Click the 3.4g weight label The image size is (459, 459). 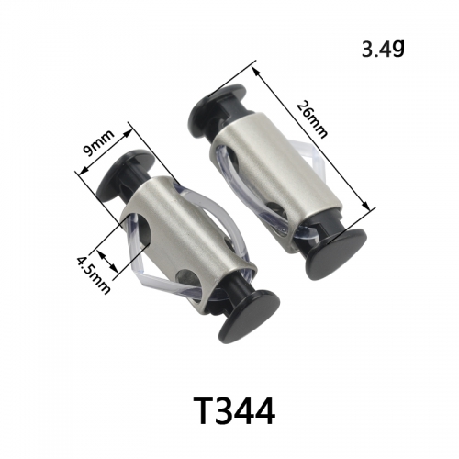(383, 49)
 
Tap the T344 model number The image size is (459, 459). (235, 411)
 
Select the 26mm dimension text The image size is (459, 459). (312, 119)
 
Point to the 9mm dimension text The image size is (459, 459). (99, 142)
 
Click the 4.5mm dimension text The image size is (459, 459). (93, 275)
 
